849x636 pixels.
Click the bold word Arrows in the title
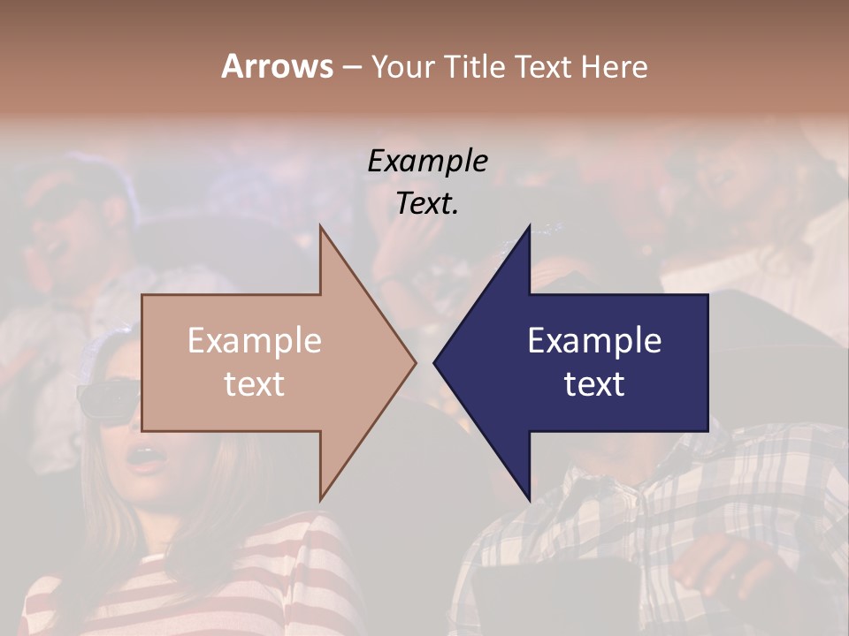pyautogui.click(x=277, y=66)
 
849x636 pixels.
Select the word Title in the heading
pyautogui.click(x=478, y=67)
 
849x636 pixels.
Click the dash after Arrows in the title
pyautogui.click(x=352, y=68)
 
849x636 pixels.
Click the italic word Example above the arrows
pyautogui.click(x=428, y=161)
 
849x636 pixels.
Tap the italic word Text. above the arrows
pyautogui.click(x=428, y=203)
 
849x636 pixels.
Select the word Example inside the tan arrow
pyautogui.click(x=255, y=341)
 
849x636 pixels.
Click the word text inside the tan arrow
pyautogui.click(x=255, y=383)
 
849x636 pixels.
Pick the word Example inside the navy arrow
pyautogui.click(x=594, y=341)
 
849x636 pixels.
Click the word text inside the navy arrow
pyautogui.click(x=594, y=383)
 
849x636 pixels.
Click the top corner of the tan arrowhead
pyautogui.click(x=320, y=227)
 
